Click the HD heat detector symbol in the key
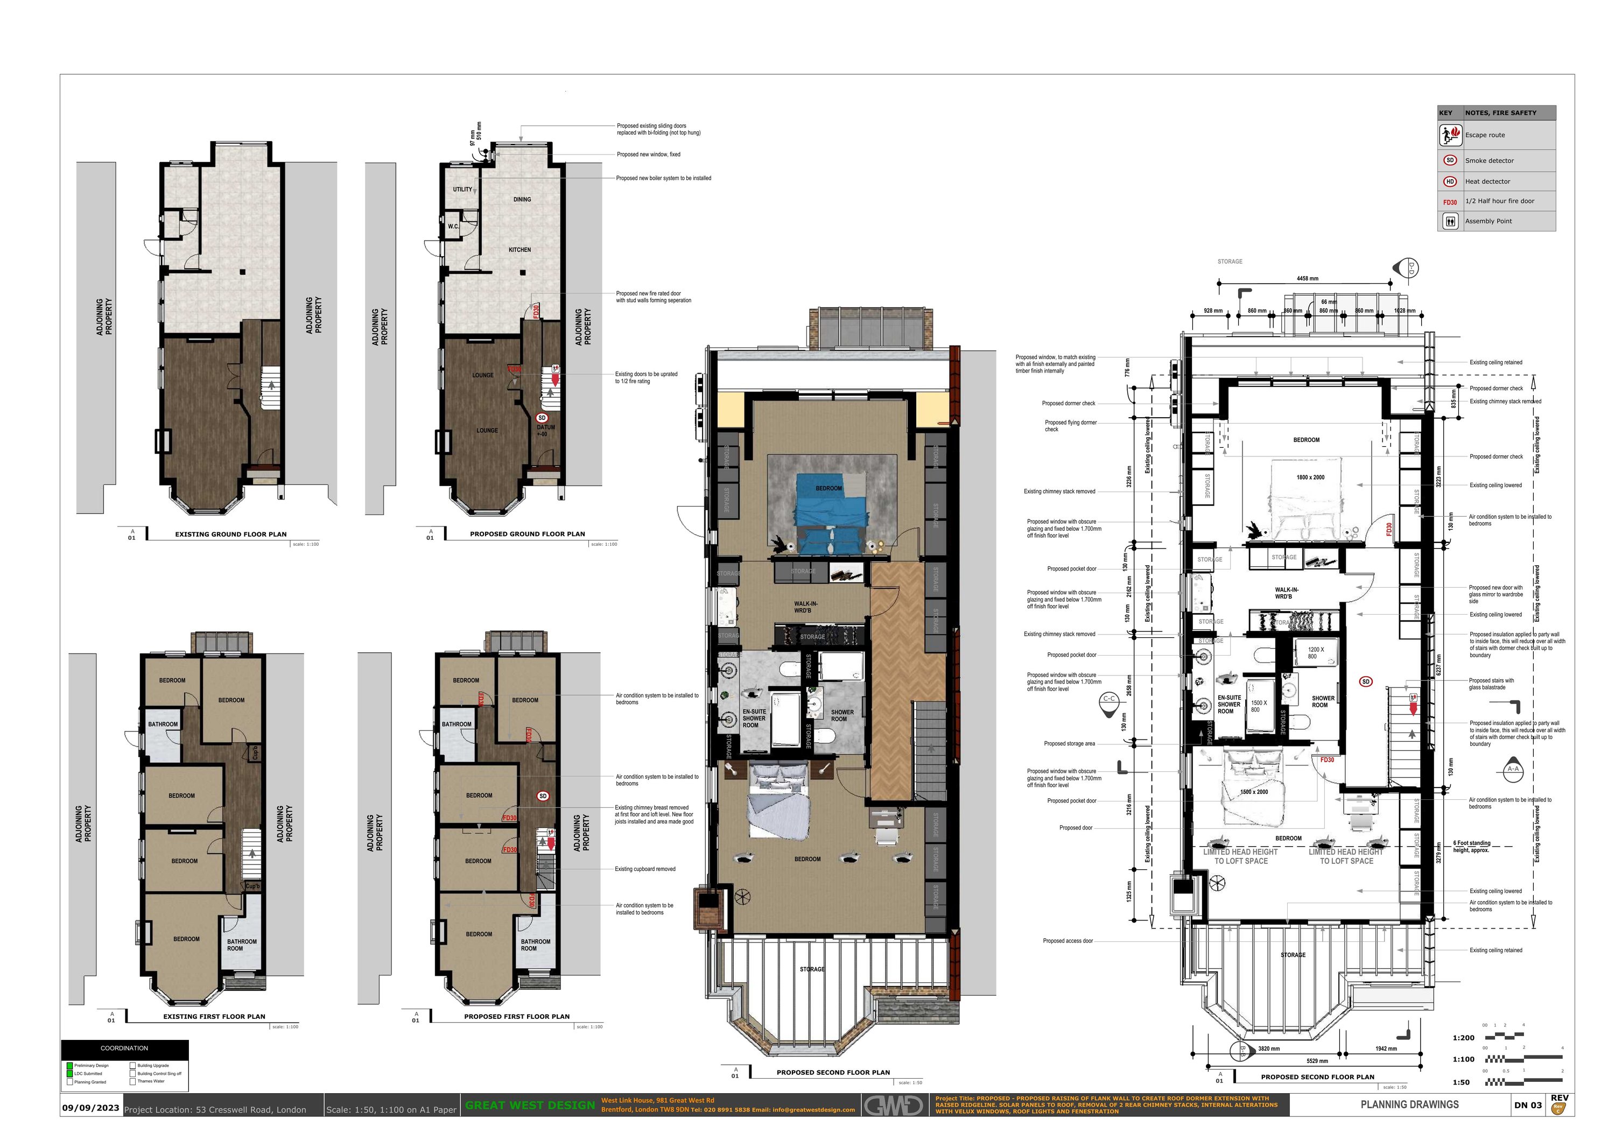[x=1450, y=181]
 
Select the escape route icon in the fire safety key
[x=1450, y=135]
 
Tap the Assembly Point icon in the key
[x=1450, y=221]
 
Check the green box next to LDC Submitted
[x=69, y=1074]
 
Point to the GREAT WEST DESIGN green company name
[x=530, y=1106]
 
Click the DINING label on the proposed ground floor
[x=522, y=200]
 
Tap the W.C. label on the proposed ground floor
[x=454, y=227]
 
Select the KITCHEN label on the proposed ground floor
[x=520, y=250]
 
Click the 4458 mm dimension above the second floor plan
[x=1307, y=278]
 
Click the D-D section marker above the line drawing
[x=1409, y=268]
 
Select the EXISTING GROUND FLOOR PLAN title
[x=231, y=534]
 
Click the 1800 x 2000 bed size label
[x=1310, y=477]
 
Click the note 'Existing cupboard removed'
[x=644, y=869]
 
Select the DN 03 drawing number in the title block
[x=1527, y=1106]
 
